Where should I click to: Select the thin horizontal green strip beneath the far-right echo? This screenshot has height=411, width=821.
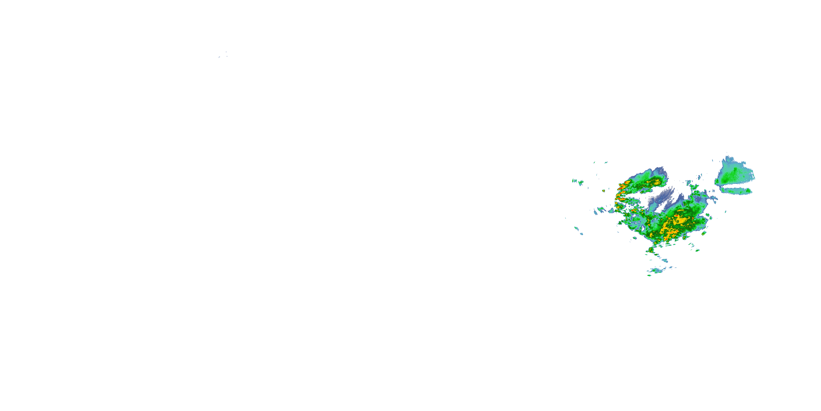(x=736, y=190)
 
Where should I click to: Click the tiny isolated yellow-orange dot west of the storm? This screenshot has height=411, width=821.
(x=603, y=191)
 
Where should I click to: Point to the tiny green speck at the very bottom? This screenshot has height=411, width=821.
(x=649, y=275)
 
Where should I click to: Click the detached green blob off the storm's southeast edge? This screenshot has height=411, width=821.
(x=704, y=233)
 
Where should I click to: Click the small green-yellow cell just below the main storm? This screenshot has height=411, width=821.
(x=650, y=249)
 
